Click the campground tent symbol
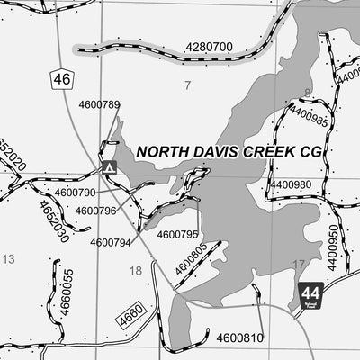coord(109,166)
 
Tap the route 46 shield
coord(61,80)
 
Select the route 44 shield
coord(310,293)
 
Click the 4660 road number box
coord(130,315)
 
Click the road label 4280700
coord(209,47)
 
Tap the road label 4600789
coord(99,105)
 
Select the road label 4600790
coord(75,193)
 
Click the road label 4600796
coord(95,211)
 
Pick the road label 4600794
coord(111,242)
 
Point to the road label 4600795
coord(177,235)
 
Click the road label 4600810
coord(240,337)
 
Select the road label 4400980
coord(291,184)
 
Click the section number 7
coord(188,85)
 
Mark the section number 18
coord(136,270)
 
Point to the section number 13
coord(9,259)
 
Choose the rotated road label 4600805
coord(192,259)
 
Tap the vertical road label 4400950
coord(333,248)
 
